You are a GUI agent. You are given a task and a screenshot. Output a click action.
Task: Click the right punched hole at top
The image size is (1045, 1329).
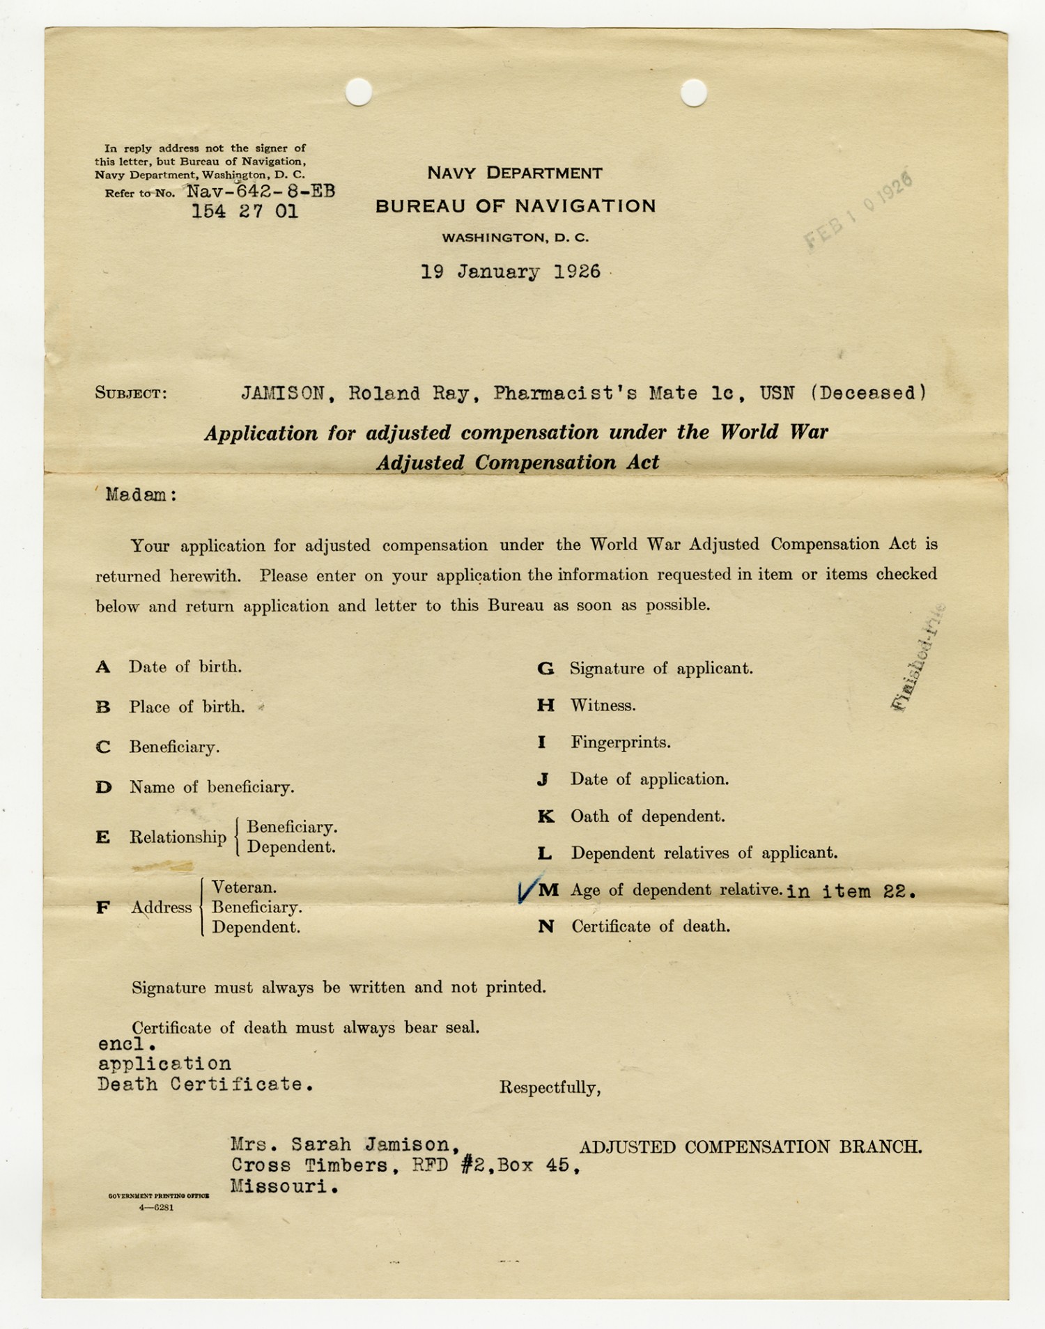(693, 93)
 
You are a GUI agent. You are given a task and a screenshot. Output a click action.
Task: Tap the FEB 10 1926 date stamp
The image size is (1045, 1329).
(859, 210)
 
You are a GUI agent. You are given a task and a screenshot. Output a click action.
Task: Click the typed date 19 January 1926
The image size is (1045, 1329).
(511, 272)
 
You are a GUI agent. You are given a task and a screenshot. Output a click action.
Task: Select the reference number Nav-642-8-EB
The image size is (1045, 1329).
(261, 192)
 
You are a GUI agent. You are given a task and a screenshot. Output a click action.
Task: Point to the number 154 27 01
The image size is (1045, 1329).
(245, 212)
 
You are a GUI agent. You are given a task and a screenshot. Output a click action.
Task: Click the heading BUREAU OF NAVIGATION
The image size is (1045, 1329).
(516, 206)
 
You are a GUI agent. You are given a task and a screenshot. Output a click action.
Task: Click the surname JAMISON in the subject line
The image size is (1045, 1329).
(283, 394)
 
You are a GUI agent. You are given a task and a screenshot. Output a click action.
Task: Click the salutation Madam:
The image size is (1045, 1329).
(141, 495)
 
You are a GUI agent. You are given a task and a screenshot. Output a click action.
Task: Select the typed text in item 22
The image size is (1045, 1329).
(851, 892)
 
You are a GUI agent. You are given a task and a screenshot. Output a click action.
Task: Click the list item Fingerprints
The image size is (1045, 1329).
(620, 743)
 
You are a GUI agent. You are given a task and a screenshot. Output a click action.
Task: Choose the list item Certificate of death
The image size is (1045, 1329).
(651, 927)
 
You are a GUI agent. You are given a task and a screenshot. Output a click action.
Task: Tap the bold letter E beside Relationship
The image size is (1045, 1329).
(103, 837)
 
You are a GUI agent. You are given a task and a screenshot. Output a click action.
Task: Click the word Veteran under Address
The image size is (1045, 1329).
(244, 887)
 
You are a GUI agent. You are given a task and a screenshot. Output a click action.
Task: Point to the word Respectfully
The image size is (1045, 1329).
(550, 1088)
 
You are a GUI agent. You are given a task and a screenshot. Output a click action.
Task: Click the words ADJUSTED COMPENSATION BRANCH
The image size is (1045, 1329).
(750, 1147)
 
